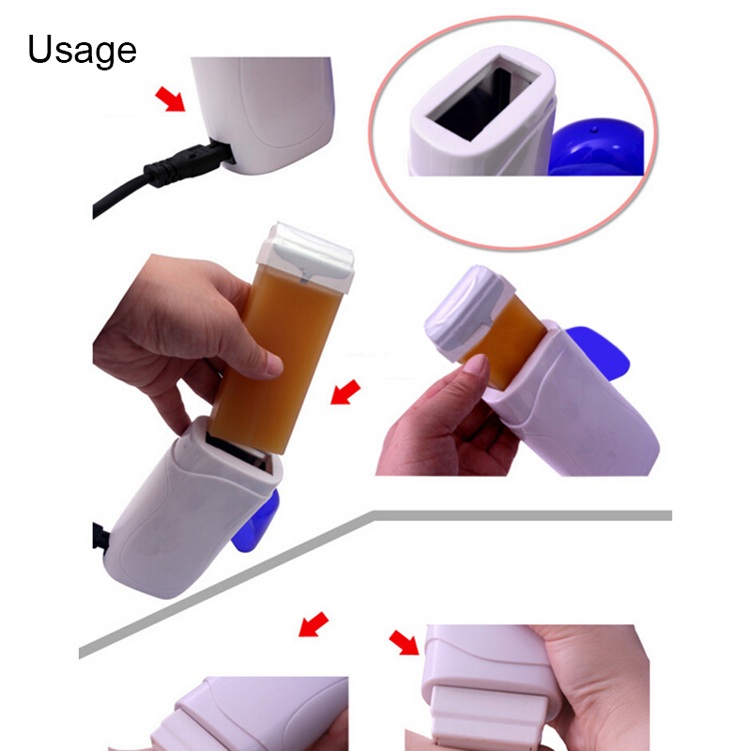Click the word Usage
82,51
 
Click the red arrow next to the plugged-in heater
170,100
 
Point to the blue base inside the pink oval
596,146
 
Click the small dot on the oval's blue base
595,130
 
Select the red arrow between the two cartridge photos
345,392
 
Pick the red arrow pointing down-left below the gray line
314,624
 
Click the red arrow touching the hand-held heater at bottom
404,642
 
